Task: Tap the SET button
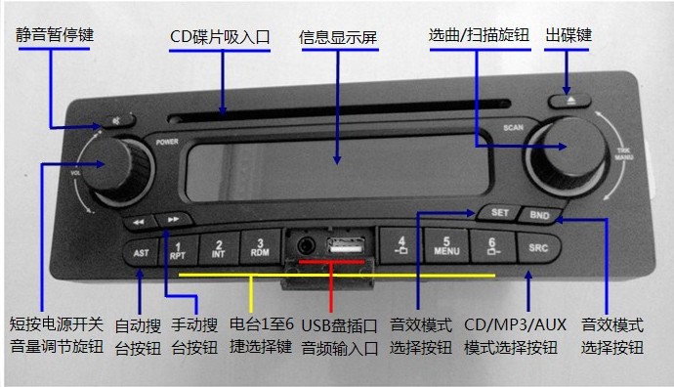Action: (x=499, y=212)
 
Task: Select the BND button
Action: (x=538, y=214)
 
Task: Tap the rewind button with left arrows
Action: (x=140, y=222)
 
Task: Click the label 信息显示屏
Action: (x=339, y=38)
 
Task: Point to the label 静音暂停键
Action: (x=61, y=35)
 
